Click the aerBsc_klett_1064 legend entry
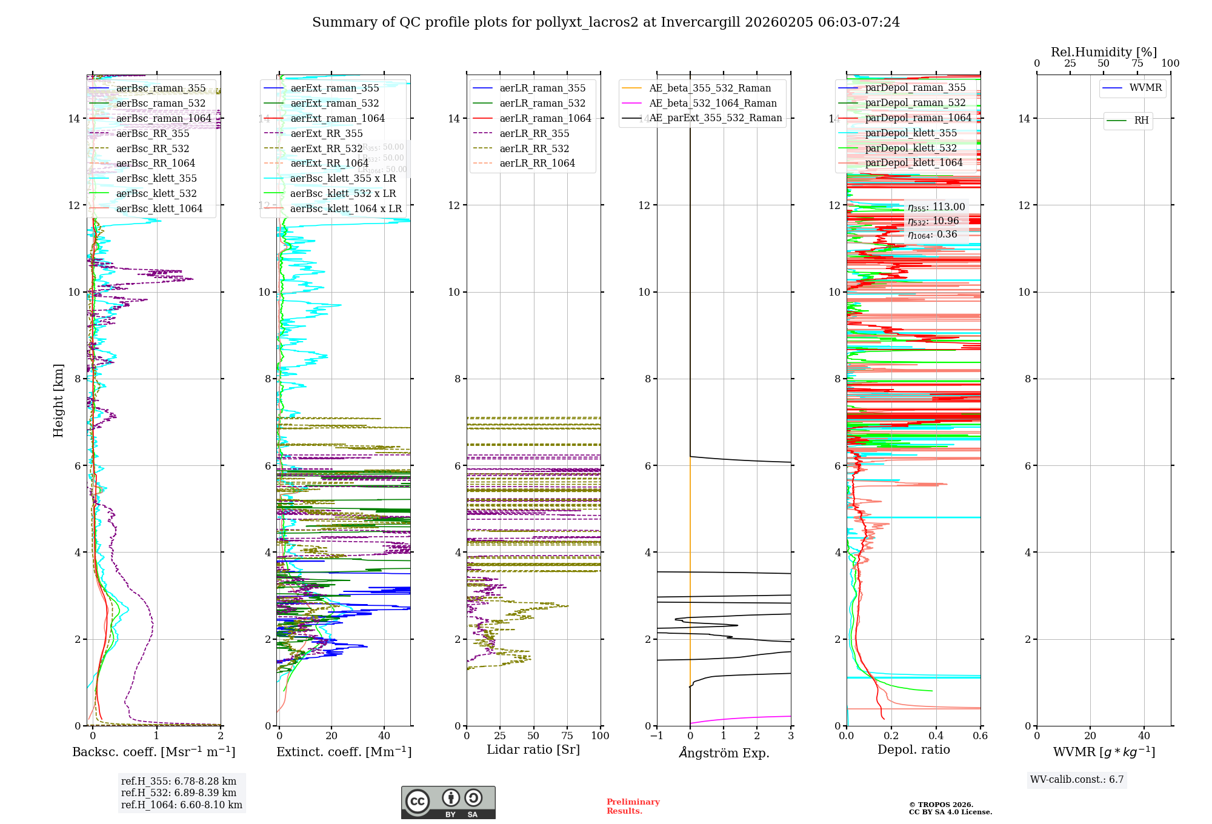pos(159,209)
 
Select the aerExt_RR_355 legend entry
pos(326,134)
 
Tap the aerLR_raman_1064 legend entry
pos(545,119)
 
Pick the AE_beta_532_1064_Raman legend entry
pos(713,104)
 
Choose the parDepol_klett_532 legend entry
pos(910,148)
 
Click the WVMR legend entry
pos(1145,88)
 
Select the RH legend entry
pos(1141,121)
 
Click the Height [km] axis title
pos(58,400)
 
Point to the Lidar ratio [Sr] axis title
pos(533,750)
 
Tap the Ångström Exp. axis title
pos(724,753)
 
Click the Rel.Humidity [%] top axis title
pos(1104,52)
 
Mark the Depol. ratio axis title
pos(913,750)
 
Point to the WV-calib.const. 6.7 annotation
pos(1077,780)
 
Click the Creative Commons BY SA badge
pos(448,802)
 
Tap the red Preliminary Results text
pos(633,806)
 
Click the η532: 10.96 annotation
pos(933,221)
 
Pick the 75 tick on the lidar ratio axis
pos(568,736)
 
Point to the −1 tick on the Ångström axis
pos(657,736)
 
